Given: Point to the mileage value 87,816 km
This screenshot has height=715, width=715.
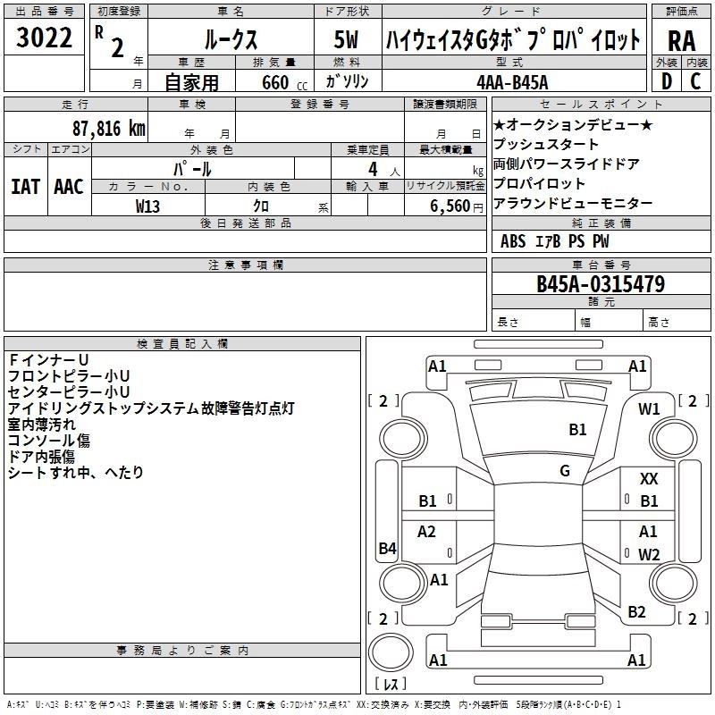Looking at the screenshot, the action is [107, 128].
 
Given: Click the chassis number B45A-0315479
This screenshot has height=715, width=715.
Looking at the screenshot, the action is [600, 284].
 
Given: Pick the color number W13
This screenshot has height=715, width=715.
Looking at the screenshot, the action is [147, 206].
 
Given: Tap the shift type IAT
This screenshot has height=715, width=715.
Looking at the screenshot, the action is [25, 186].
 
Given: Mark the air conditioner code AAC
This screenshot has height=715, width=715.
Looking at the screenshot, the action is [69, 186].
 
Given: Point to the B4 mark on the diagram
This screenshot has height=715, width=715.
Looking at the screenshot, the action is [387, 549].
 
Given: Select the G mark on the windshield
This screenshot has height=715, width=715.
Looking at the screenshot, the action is [565, 471].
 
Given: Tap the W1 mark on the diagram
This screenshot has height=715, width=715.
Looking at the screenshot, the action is [649, 408].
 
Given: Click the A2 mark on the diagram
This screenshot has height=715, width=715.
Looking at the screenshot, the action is [427, 532].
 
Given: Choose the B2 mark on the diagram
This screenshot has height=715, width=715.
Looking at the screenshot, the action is [636, 611].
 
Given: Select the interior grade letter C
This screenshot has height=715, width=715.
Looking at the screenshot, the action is [695, 80].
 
